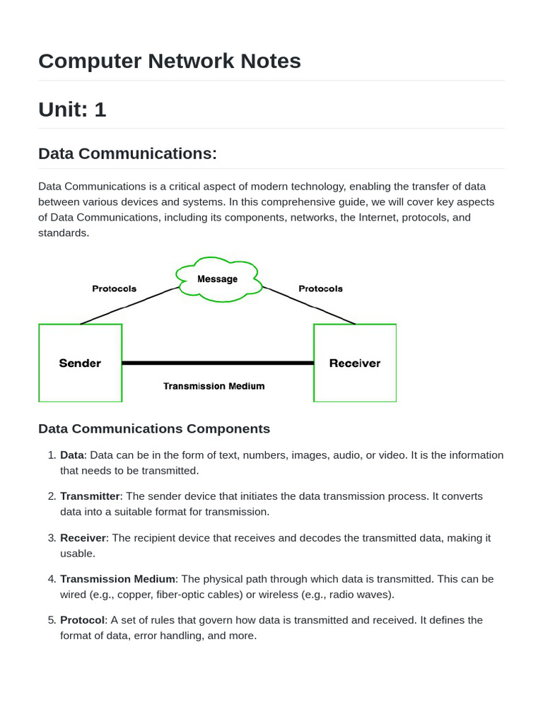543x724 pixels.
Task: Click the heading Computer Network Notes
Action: [170, 62]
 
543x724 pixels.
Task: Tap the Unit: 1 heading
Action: [72, 110]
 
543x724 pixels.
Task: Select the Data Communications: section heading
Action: [127, 153]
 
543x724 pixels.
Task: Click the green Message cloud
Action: [218, 279]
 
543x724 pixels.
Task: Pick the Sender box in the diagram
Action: [80, 363]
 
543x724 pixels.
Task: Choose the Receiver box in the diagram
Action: [355, 363]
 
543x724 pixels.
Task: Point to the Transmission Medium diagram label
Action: [214, 386]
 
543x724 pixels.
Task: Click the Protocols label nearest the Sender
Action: [115, 288]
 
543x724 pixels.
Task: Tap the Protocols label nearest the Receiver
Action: [320, 288]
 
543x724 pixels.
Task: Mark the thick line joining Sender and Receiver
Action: [218, 363]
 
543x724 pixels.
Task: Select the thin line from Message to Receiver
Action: [309, 305]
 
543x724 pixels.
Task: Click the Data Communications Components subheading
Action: [154, 428]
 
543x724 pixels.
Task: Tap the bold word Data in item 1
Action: [72, 455]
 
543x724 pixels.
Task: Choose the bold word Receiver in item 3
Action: [83, 538]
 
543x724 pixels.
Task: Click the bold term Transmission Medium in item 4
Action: [117, 579]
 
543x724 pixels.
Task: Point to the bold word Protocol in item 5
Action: [83, 620]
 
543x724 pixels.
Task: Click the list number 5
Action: [51, 620]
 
